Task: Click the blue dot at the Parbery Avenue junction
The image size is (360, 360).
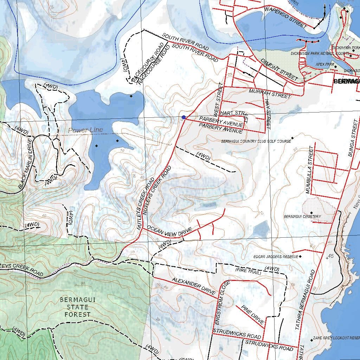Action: [x=184, y=117]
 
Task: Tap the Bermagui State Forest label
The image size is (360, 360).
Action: [x=75, y=307]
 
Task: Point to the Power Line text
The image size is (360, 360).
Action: [x=85, y=130]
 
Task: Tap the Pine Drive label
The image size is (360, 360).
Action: [x=252, y=315]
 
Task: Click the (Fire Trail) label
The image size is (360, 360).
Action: [x=248, y=271]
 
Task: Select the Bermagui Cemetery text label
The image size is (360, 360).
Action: [x=302, y=217]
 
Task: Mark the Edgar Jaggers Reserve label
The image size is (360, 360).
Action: [x=276, y=257]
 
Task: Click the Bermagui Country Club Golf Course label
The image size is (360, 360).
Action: [x=256, y=141]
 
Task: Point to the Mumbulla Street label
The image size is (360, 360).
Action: [x=310, y=170]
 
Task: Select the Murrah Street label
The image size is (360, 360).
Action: [x=270, y=94]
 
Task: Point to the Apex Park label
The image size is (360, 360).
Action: [x=324, y=65]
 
